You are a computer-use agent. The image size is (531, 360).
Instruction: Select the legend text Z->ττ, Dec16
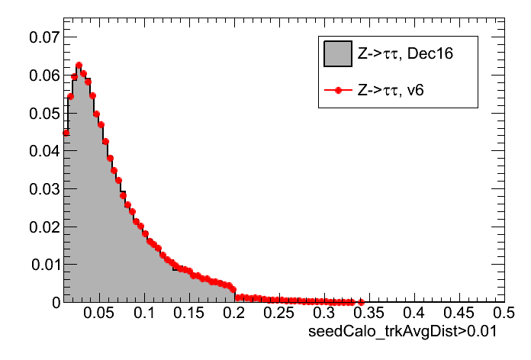click(400, 55)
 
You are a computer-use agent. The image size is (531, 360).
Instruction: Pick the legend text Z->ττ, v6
click(391, 90)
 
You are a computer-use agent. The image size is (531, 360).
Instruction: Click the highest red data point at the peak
click(79, 66)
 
